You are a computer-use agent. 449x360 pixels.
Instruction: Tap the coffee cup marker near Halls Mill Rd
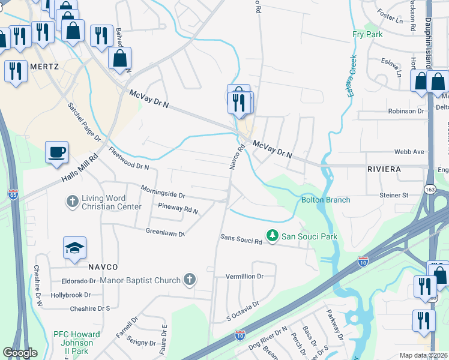(x=56, y=152)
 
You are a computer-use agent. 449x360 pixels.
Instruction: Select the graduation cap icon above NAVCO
(x=74, y=248)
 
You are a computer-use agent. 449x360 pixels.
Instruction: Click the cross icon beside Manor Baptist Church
(x=190, y=280)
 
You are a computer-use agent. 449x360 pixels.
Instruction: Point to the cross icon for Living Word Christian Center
(x=72, y=201)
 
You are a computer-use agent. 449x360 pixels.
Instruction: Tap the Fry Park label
(x=367, y=35)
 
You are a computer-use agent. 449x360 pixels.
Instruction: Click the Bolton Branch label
(x=325, y=199)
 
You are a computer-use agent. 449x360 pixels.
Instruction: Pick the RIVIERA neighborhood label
(x=384, y=170)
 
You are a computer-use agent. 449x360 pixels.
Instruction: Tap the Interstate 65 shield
(x=13, y=194)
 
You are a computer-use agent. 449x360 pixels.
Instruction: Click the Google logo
(x=20, y=353)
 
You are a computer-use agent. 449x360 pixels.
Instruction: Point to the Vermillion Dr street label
(x=244, y=277)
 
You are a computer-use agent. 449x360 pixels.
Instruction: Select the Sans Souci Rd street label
(x=241, y=241)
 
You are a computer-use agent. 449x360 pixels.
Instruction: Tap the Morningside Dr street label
(x=163, y=191)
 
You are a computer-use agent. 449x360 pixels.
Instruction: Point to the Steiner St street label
(x=394, y=195)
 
